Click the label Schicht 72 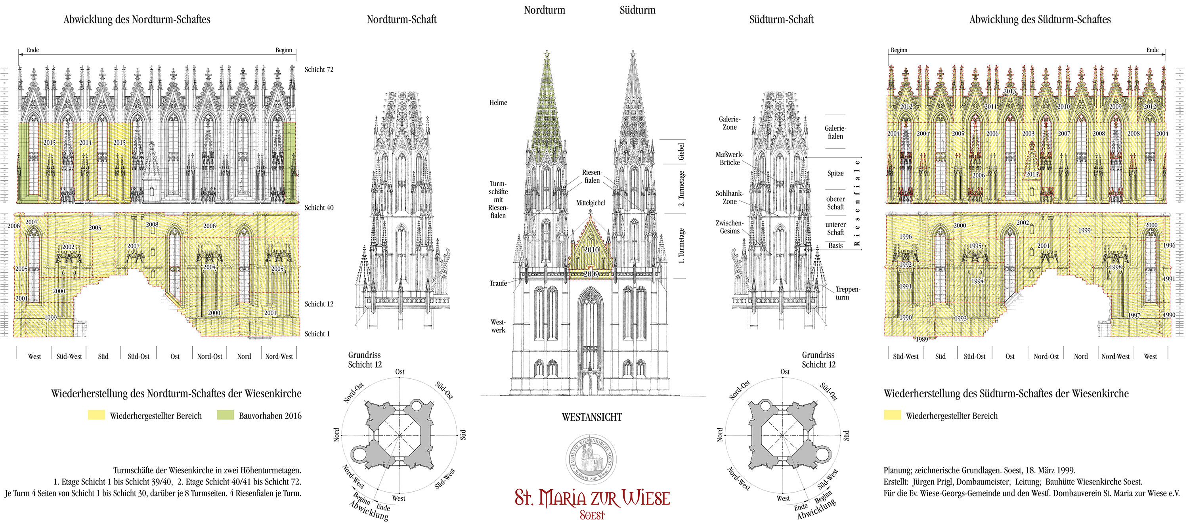tap(319, 70)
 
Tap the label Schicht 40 tap(319, 208)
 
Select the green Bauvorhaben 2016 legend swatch tap(225, 415)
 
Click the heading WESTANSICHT tap(592, 417)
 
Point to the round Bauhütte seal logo tap(591, 460)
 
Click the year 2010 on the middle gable tap(591, 250)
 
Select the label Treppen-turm tap(847, 293)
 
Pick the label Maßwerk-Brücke tap(729, 158)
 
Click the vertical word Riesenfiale tap(857, 202)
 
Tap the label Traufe tap(498, 283)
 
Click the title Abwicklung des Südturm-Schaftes tap(1040, 19)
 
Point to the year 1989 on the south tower tap(921, 340)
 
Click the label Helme tap(498, 102)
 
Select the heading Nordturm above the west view tap(544, 10)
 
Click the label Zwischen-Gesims tap(729, 227)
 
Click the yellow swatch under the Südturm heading tap(892, 415)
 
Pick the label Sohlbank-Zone tap(729, 197)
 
